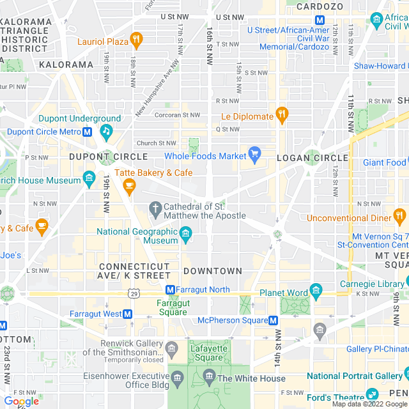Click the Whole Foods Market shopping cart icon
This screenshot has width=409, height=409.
pos(255,155)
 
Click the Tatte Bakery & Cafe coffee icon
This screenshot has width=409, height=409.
pos(130,186)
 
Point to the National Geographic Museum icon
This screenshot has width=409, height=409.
pos(185,236)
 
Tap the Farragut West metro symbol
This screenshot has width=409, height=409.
pos(128,314)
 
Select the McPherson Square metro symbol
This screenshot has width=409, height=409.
pos(274,320)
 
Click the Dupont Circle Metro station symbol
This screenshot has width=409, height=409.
pos(89,132)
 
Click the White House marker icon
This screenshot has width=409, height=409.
pos(208,378)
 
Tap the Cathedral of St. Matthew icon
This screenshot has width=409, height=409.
pos(155,208)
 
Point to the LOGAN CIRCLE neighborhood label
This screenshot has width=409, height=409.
pos(312,157)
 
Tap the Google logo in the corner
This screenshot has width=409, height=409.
pos(22,401)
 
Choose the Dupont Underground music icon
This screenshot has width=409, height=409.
pos(105,131)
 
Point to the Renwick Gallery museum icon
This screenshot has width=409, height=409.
pos(171,348)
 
